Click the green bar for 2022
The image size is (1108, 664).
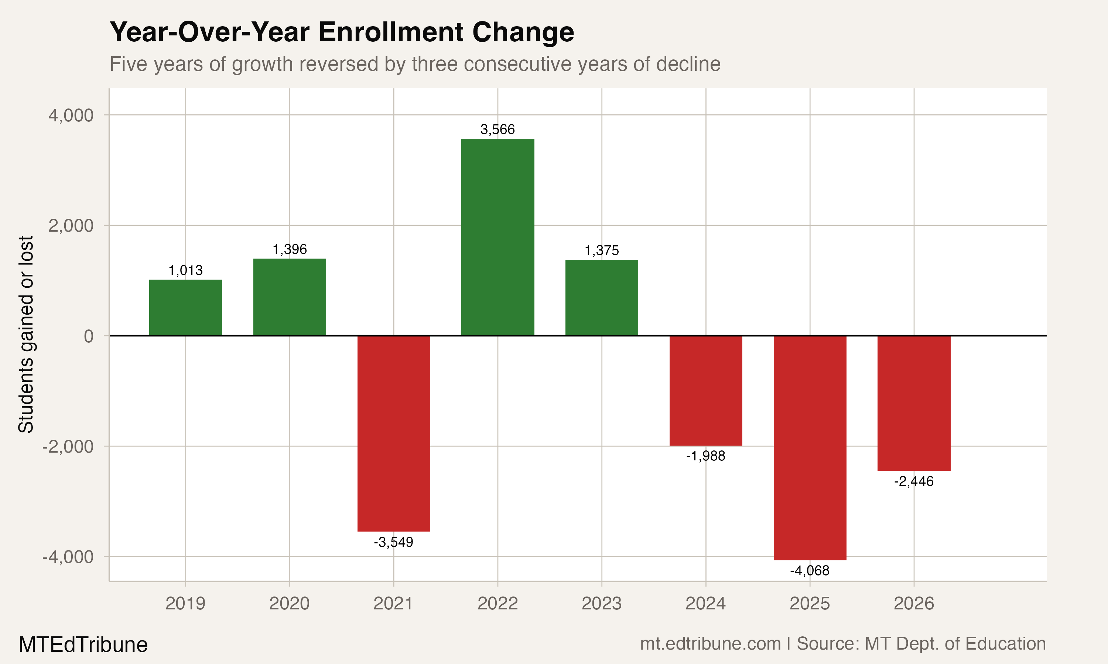497,237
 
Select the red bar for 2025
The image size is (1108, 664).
810,447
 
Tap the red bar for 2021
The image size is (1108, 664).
394,433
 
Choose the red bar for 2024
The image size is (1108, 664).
706,391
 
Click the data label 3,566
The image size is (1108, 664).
497,130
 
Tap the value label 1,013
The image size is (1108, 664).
185,271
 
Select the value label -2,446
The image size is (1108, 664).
914,482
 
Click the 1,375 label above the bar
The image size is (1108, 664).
602,250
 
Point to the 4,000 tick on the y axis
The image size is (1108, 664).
71,115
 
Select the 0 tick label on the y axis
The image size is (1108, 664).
89,336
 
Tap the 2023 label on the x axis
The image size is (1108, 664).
602,604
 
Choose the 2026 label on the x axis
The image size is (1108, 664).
914,604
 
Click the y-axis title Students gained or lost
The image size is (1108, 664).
26,335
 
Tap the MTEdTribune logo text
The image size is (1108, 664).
83,645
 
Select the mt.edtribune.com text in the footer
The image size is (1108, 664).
710,644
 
